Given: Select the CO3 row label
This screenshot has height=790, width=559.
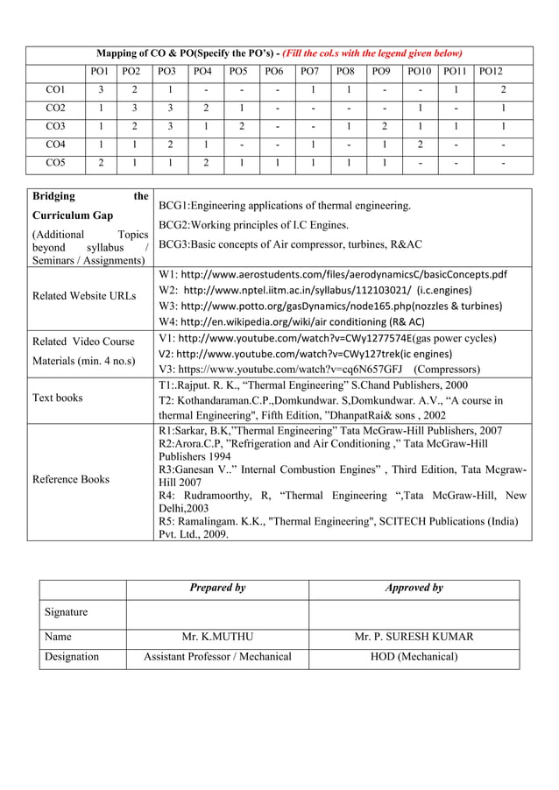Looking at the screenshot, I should [55, 126].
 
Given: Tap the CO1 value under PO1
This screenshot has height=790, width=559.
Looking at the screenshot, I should [101, 88].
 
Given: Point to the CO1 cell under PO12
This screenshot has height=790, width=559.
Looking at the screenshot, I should [502, 88].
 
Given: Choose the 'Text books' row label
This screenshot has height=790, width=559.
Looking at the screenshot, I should [57, 398].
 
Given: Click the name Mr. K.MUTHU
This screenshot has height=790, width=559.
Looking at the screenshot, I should [216, 637].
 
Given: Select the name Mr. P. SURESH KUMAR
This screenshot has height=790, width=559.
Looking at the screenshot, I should [414, 637].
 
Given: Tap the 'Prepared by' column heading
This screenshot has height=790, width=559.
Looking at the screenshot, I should [216, 588].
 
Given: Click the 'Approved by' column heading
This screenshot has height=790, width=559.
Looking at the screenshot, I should [414, 588].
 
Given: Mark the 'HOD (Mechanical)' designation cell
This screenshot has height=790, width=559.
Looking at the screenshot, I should [414, 656].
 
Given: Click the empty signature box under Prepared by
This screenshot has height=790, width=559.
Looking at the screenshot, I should [216, 613].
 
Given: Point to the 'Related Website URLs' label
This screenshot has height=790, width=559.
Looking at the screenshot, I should [83, 296].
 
